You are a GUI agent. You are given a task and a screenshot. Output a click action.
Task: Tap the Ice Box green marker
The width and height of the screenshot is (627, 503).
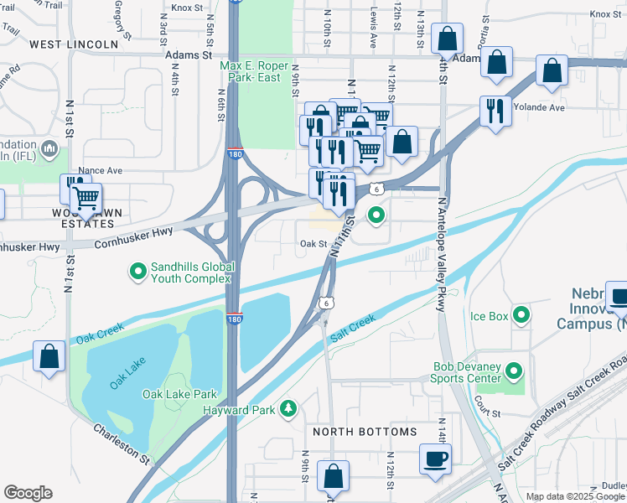coord(521,316)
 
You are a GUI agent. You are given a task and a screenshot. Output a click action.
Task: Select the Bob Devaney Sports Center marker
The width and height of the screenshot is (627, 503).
coord(515,370)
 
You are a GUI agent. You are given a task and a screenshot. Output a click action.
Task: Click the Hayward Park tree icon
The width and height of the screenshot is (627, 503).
coord(289,408)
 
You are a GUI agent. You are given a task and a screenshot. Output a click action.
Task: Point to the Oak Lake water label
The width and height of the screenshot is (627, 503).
coord(126,373)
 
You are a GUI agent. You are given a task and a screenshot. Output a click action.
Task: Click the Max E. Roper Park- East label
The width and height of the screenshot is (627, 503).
coord(255,72)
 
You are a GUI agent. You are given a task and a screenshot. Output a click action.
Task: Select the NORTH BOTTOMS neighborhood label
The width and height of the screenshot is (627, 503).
coord(365,432)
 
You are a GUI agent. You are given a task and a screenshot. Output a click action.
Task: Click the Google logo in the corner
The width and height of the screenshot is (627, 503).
coord(28,493)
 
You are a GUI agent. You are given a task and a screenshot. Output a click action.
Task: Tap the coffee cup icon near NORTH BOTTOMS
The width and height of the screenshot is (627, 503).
coord(434,459)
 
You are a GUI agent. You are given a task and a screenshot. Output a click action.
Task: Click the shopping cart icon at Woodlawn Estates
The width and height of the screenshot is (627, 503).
coord(85,199)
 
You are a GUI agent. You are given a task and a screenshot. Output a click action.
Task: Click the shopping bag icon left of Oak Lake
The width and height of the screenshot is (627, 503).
coord(49,356)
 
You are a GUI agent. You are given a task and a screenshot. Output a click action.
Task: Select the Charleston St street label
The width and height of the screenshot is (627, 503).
coord(122,443)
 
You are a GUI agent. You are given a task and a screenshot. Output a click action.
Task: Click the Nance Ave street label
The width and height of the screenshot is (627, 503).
coord(103,170)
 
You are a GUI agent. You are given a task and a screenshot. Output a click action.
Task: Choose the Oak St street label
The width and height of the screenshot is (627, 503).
coord(313,244)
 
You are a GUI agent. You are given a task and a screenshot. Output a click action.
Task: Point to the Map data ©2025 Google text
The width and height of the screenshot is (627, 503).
coord(576,496)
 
